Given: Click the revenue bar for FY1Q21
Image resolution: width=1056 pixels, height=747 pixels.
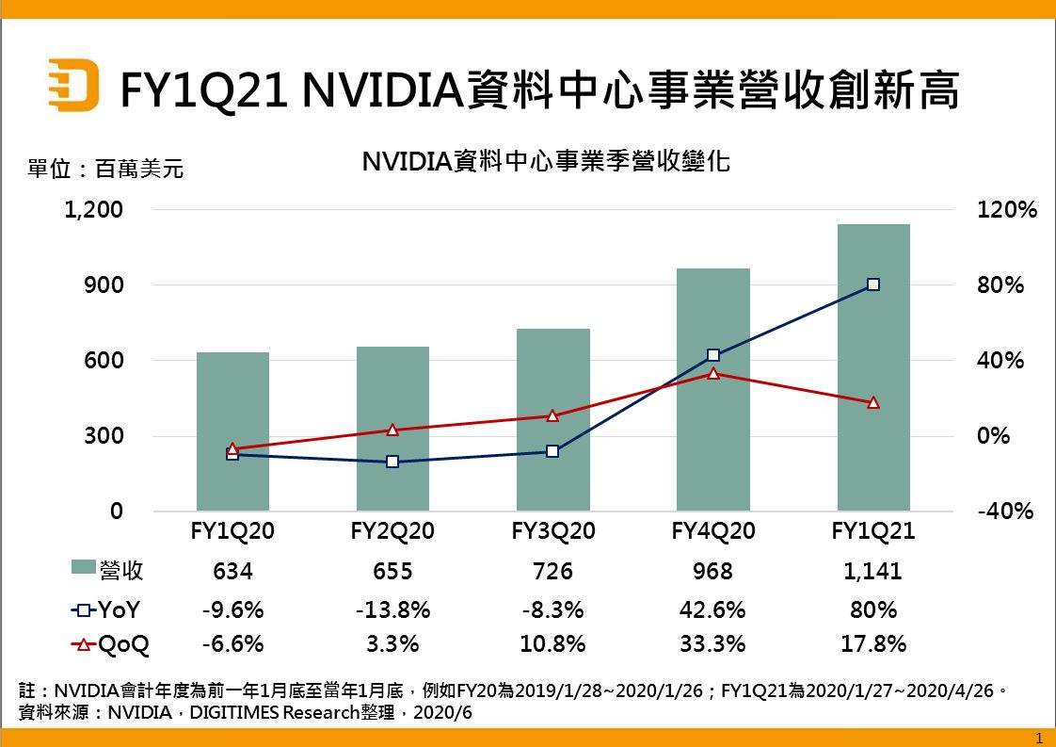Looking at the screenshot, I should (873, 367).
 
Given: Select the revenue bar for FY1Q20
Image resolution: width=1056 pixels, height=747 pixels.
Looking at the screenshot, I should (232, 431).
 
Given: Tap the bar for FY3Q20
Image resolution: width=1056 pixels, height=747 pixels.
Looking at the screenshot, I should (552, 420).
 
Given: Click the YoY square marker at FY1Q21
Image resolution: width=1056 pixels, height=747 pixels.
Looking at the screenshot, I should (873, 284).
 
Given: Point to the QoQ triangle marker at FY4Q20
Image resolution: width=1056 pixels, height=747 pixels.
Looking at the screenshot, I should (713, 374).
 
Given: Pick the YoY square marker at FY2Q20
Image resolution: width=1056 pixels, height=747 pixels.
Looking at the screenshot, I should (392, 462).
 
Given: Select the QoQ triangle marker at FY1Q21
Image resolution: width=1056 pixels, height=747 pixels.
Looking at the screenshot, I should (873, 402).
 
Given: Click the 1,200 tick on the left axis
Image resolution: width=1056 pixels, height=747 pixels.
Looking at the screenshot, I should (94, 210).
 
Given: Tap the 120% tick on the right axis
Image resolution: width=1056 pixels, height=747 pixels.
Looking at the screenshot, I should (1008, 210).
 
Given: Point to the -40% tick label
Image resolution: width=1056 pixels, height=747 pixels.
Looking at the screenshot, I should (1006, 512).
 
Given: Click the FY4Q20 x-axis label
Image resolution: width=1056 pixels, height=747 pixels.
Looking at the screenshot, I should (713, 531).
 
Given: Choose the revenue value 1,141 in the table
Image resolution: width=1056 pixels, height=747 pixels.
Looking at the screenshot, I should (873, 571).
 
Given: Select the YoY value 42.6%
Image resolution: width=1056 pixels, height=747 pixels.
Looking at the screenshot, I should (713, 609).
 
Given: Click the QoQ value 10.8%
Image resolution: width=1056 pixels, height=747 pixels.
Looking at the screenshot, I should (552, 644).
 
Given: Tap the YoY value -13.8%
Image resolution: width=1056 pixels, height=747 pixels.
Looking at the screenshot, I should (392, 609).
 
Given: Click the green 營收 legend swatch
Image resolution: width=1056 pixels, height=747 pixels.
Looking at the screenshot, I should (83, 568).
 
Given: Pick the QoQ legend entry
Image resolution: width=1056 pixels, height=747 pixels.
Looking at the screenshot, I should (110, 644).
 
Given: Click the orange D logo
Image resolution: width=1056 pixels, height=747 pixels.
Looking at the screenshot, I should (73, 88).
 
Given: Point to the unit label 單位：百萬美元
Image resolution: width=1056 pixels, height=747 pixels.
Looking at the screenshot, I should (105, 170).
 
